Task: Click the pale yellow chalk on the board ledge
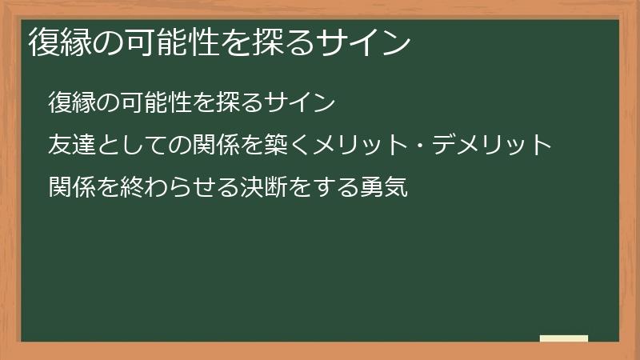click(564, 338)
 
